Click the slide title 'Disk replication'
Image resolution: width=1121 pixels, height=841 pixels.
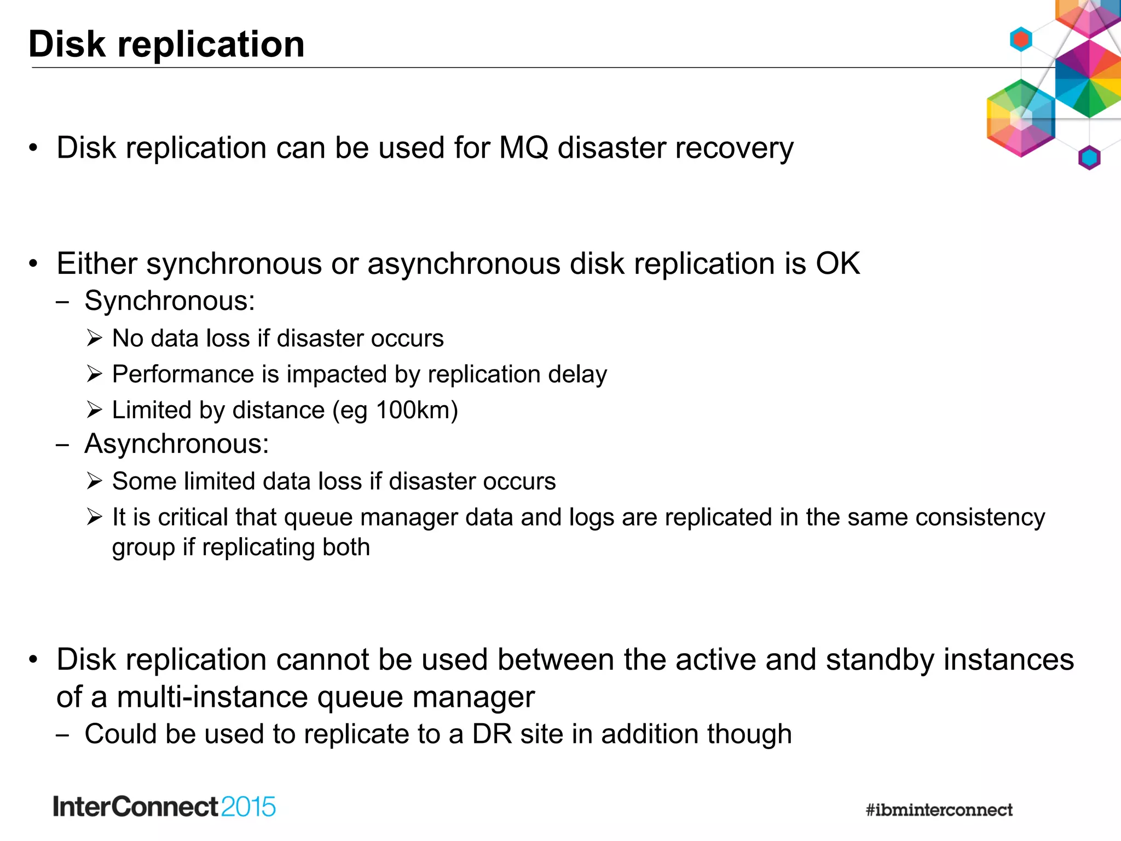(166, 44)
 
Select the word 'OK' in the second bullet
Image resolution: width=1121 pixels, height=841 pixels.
(837, 263)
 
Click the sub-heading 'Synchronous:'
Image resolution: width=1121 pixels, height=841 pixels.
(170, 301)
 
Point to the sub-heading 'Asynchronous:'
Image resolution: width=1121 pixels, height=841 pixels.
(177, 443)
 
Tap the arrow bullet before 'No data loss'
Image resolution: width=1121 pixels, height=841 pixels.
(94, 338)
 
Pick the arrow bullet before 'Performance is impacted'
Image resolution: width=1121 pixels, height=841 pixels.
(94, 375)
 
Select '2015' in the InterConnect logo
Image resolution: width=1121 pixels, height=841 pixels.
(249, 807)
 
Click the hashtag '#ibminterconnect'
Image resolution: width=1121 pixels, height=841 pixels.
(939, 810)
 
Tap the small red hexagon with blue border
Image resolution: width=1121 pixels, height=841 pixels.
(1021, 39)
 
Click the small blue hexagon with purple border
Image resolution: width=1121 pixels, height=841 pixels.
(1089, 158)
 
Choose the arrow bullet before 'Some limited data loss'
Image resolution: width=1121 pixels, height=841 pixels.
(94, 481)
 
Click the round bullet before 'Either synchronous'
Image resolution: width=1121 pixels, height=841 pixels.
(34, 264)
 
